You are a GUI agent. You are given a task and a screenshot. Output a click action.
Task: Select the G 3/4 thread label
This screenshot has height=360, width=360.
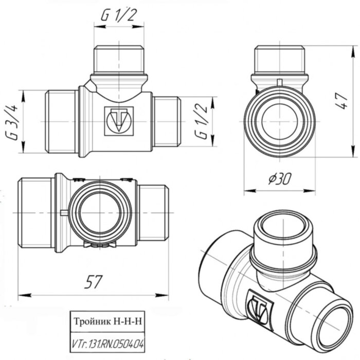[14, 122]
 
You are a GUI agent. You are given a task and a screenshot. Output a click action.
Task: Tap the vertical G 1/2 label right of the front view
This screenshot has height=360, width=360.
[202, 122]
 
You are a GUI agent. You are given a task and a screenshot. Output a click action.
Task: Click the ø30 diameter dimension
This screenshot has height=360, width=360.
[279, 178]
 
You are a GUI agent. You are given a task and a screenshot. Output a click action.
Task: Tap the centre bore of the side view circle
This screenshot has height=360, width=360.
[279, 123]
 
